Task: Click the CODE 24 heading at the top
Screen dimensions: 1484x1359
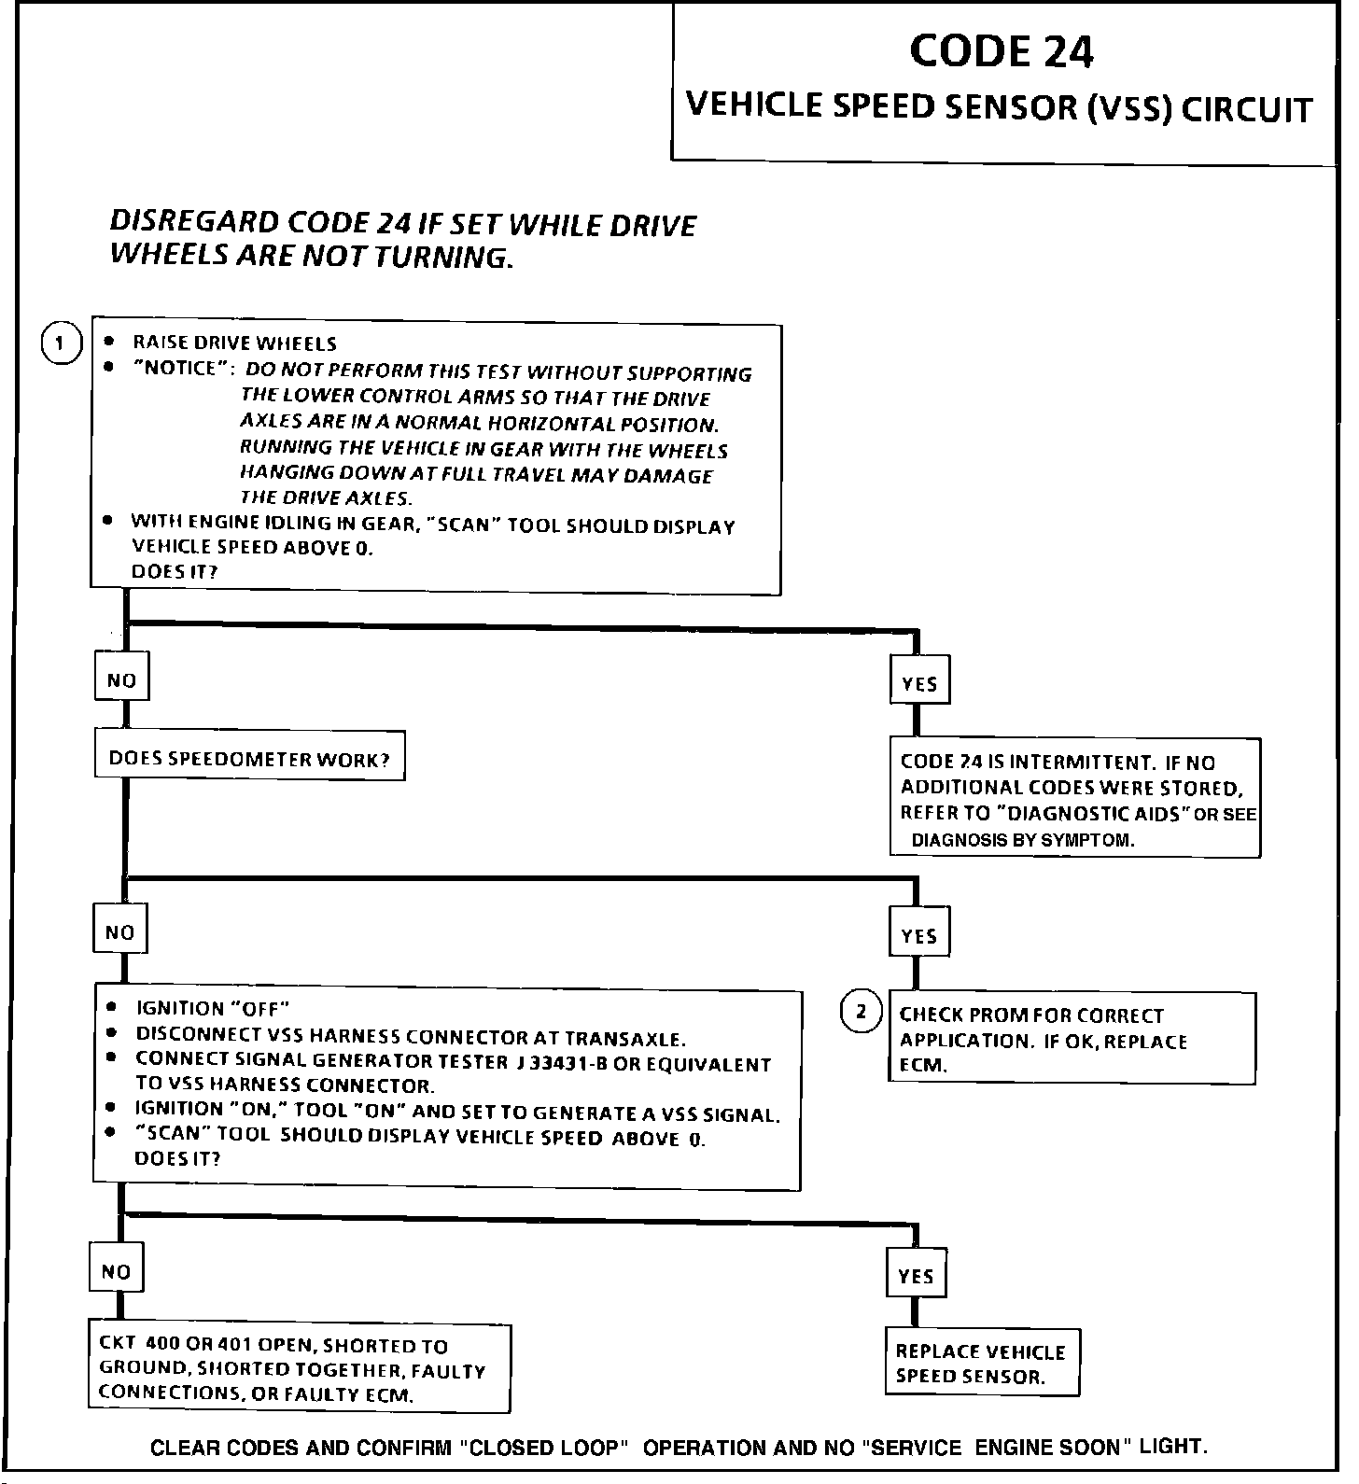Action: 1001,52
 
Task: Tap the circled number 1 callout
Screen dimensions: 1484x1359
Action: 60,343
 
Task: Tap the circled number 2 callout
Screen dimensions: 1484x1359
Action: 861,1012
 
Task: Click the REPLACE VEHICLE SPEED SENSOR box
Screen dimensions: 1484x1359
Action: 981,1363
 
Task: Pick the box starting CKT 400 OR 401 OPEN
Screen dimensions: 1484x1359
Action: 299,1369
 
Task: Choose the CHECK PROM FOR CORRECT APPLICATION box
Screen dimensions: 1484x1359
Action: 1071,1039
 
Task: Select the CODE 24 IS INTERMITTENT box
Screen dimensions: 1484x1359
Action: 1074,799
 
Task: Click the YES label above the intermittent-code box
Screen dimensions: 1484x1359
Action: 919,683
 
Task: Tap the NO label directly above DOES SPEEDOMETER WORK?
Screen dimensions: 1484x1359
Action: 121,679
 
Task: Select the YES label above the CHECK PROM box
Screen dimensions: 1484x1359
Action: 919,934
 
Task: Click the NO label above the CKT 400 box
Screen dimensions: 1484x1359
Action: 116,1271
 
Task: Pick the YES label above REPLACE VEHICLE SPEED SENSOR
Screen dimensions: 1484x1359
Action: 915,1275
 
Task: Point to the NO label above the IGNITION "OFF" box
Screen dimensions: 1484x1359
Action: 119,931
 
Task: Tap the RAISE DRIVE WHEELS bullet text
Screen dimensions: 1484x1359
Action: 234,343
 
